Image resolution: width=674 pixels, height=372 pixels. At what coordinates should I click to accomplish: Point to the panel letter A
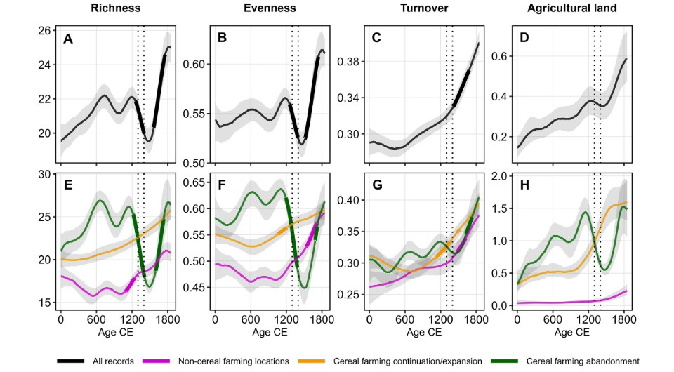click(68, 39)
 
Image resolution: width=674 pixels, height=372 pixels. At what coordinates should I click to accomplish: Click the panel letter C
click(376, 39)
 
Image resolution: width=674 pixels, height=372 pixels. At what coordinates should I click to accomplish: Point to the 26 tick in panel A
click(46, 31)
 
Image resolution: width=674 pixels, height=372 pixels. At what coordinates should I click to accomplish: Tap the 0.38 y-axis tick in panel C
click(351, 62)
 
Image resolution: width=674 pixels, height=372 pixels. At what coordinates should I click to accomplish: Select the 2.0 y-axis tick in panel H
click(505, 176)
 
